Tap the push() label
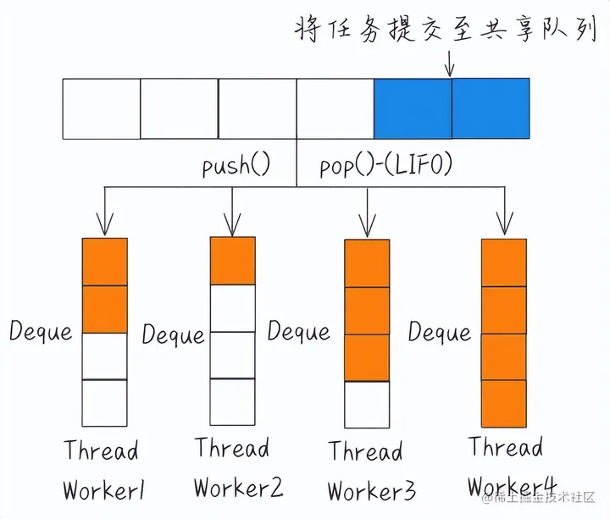click(236, 164)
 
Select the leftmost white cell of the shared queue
click(101, 108)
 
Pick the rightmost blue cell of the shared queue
click(491, 108)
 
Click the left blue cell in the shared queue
click(413, 108)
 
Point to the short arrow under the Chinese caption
click(449, 63)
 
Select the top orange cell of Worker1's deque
click(104, 262)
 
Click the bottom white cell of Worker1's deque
click(104, 403)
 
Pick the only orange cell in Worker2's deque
click(232, 261)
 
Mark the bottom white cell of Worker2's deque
click(232, 401)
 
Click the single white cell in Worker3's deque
click(367, 405)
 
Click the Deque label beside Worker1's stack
click(41, 331)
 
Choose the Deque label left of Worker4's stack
click(439, 332)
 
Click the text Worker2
click(238, 488)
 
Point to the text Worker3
click(370, 490)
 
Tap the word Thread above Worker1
click(101, 450)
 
